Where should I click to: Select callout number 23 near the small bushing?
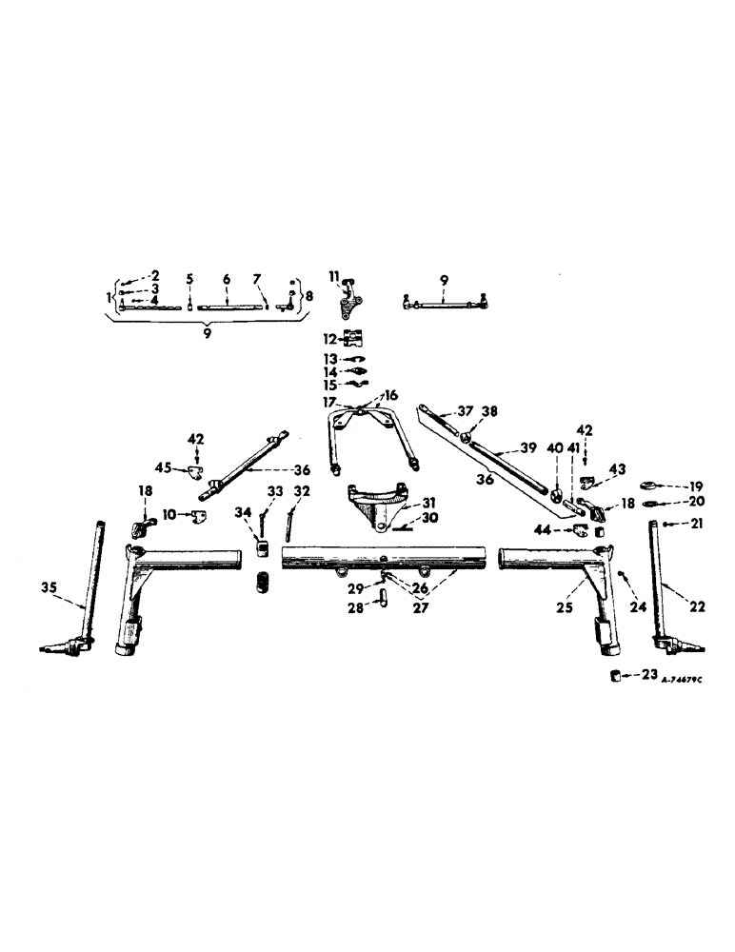tap(649, 674)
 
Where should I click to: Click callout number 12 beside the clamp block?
tap(327, 338)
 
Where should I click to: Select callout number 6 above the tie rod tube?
tap(227, 278)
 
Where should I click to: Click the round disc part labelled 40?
tap(556, 497)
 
